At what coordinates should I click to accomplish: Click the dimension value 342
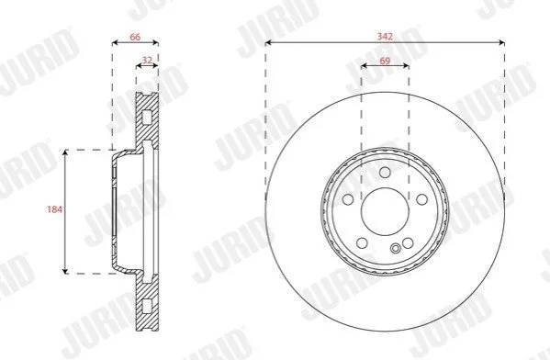(x=385, y=36)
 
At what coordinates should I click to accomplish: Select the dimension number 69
(x=385, y=61)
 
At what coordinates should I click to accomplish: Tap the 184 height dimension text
(x=55, y=209)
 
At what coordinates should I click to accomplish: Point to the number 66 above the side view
(x=135, y=37)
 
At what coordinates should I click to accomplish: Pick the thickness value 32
(x=147, y=60)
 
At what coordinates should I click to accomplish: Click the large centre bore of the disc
(x=385, y=211)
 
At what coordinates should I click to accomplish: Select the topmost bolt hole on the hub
(x=385, y=173)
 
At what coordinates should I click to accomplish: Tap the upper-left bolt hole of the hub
(x=348, y=199)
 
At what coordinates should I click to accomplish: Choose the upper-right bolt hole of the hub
(x=422, y=199)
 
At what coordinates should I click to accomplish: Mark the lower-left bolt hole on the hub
(x=362, y=242)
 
